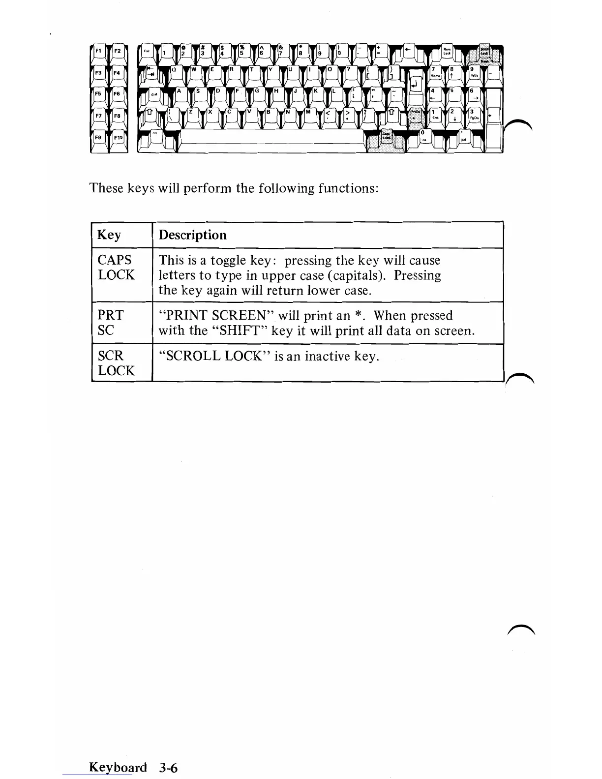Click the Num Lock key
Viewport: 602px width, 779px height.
pos(447,52)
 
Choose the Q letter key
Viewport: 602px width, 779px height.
pos(176,72)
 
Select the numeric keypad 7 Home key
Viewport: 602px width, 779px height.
pos(435,73)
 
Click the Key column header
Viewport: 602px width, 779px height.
pos(109,235)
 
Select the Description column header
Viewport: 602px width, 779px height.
pos(192,235)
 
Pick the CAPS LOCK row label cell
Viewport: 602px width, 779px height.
pos(116,267)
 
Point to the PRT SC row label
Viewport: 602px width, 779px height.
pos(110,323)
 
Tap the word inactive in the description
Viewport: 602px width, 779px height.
pos(328,356)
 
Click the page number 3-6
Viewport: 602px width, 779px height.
pos(168,768)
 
